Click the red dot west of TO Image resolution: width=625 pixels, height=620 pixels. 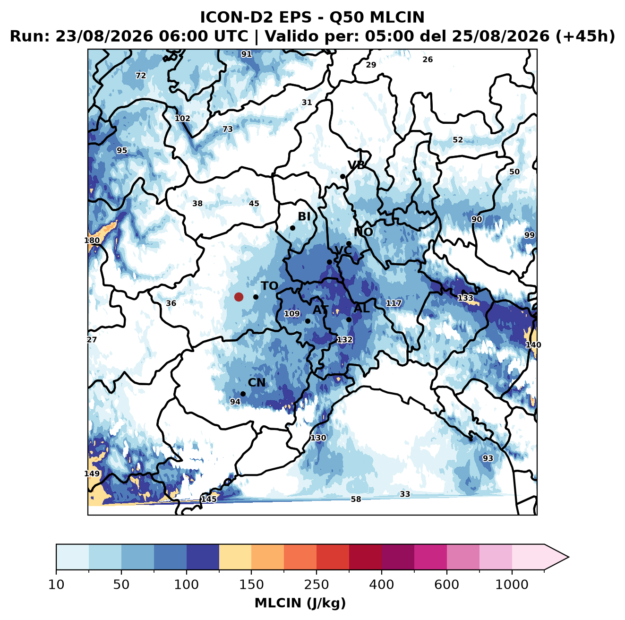(x=239, y=297)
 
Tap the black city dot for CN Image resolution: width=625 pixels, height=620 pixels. (x=243, y=394)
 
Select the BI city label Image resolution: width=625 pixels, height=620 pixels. (x=304, y=216)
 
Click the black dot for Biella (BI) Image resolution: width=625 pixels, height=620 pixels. (x=292, y=228)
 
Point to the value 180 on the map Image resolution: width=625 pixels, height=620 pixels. (x=92, y=241)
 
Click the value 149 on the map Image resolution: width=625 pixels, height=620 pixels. (x=92, y=474)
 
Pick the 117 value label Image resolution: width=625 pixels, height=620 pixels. (x=394, y=303)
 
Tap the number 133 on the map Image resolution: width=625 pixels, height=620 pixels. (x=465, y=298)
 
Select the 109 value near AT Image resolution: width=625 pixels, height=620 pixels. (x=292, y=313)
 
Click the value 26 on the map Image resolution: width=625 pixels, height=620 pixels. (x=428, y=60)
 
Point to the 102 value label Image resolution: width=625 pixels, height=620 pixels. (x=182, y=119)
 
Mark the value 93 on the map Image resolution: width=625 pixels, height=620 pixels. (x=488, y=458)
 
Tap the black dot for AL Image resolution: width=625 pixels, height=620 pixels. (x=349, y=319)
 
